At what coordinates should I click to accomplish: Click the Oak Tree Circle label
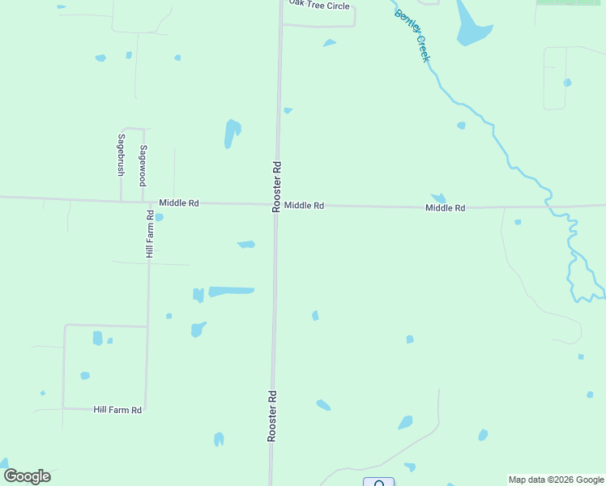pyautogui.click(x=319, y=6)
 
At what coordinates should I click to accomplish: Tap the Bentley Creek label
pyautogui.click(x=412, y=35)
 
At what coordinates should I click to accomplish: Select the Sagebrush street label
pyautogui.click(x=121, y=155)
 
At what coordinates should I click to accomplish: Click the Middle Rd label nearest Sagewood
pyautogui.click(x=179, y=202)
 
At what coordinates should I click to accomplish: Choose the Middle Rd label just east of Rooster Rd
pyautogui.click(x=304, y=206)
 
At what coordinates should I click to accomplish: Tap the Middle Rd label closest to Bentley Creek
pyautogui.click(x=446, y=208)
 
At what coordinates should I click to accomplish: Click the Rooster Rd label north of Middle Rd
pyautogui.click(x=276, y=186)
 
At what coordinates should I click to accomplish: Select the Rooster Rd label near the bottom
pyautogui.click(x=272, y=416)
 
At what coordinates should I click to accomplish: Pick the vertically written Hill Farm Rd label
pyautogui.click(x=150, y=234)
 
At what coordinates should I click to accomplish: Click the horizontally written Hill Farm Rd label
pyautogui.click(x=117, y=410)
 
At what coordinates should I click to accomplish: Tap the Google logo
pyautogui.click(x=27, y=476)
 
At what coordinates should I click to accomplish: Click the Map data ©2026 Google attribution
pyautogui.click(x=556, y=480)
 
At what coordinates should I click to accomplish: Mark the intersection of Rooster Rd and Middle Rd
pyautogui.click(x=275, y=205)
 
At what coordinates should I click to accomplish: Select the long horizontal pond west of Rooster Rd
pyautogui.click(x=231, y=291)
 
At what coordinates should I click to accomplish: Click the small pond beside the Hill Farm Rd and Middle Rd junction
pyautogui.click(x=159, y=217)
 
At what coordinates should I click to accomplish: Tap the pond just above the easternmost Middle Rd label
pyautogui.click(x=439, y=198)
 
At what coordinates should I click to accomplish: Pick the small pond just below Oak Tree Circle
pyautogui.click(x=329, y=43)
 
